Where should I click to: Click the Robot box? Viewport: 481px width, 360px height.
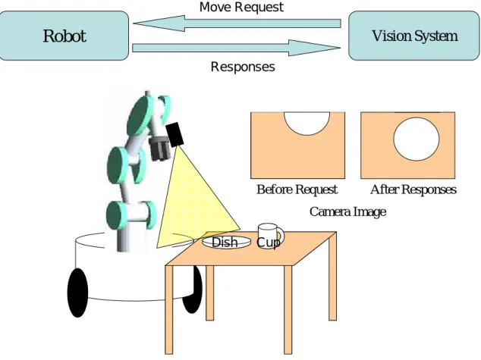[x=64, y=36]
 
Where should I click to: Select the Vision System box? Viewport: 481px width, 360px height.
[x=414, y=36]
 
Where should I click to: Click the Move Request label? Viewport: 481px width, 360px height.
[x=241, y=7]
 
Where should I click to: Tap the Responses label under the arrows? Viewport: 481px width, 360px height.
[x=243, y=67]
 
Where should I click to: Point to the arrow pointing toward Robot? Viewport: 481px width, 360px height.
[x=237, y=23]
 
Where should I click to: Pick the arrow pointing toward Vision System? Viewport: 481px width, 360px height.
[x=236, y=48]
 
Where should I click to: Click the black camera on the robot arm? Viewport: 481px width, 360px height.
[x=174, y=134]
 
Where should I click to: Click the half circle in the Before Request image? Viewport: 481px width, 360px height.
[x=307, y=123]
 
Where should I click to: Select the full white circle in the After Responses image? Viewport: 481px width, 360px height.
[x=417, y=139]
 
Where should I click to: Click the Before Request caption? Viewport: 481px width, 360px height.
[x=297, y=189]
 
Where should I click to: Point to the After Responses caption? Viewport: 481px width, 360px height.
[x=413, y=189]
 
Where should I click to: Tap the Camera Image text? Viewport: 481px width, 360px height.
[x=347, y=211]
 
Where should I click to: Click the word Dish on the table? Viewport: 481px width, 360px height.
[x=225, y=242]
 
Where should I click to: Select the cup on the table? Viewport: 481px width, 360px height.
[x=270, y=235]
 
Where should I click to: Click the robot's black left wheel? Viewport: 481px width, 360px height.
[x=77, y=293]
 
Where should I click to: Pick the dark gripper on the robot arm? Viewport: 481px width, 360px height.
[x=159, y=149]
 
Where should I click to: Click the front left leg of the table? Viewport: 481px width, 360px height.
[x=169, y=309]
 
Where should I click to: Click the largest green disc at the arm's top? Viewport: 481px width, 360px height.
[x=140, y=116]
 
